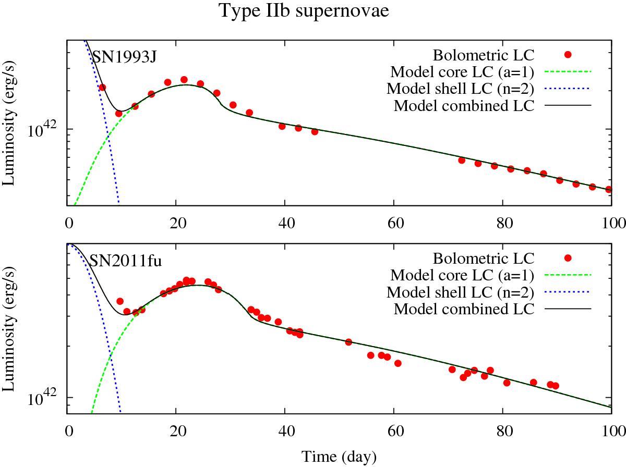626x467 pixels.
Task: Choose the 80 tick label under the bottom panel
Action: [502, 429]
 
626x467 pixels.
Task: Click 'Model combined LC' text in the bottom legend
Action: [464, 309]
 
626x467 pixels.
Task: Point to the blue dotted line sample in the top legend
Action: [568, 89]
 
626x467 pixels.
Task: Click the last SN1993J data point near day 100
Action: [609, 190]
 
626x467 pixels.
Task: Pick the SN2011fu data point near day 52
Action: [348, 342]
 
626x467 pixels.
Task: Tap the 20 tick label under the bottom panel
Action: [176, 429]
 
